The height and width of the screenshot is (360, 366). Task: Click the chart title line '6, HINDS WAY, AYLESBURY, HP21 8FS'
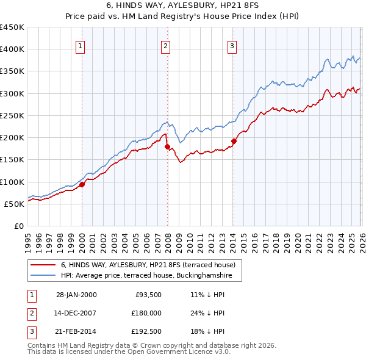coord(182,6)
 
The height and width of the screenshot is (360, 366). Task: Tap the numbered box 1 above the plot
coord(81,45)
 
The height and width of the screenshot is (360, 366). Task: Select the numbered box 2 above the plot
coord(166,45)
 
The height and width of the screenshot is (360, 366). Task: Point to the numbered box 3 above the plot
coord(233,45)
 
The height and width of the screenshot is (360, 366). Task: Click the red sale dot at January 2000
coord(82,184)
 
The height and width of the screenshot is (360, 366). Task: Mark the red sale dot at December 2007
coord(167,146)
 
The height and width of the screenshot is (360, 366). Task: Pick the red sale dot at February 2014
coord(234,141)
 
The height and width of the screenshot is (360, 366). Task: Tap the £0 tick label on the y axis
coord(19,226)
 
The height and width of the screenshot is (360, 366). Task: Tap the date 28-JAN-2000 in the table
coord(76,295)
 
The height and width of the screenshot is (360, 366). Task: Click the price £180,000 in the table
coord(146,313)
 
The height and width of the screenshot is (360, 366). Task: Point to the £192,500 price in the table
coord(146,332)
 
